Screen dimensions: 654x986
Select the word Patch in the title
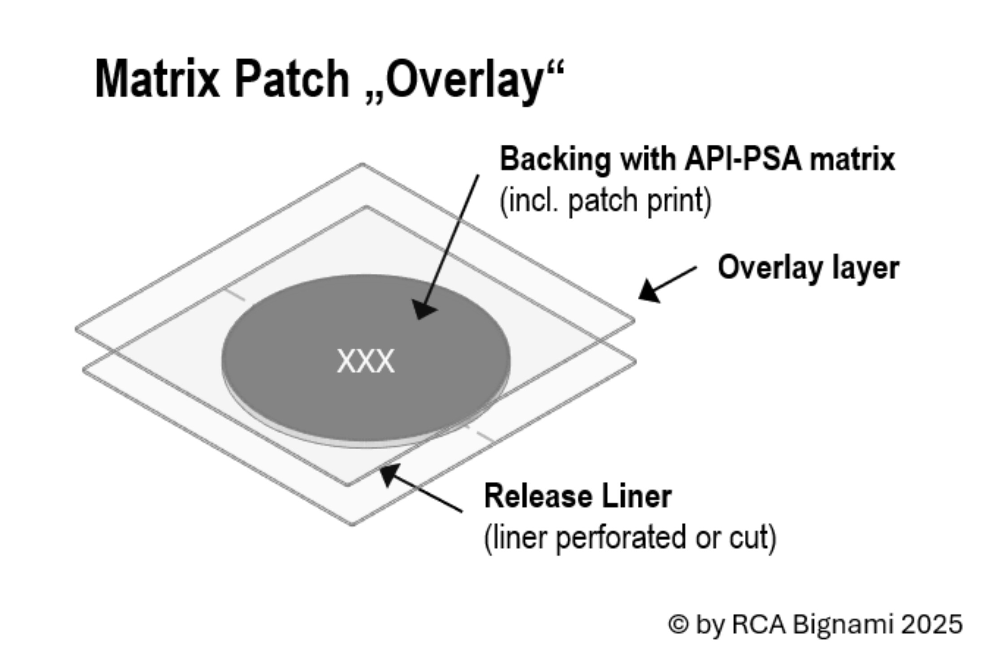pyautogui.click(x=292, y=79)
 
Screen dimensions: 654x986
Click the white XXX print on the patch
pyautogui.click(x=366, y=361)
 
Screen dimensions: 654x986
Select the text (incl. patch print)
pyautogui.click(x=605, y=201)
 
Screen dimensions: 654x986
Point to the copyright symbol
pyautogui.click(x=678, y=624)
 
